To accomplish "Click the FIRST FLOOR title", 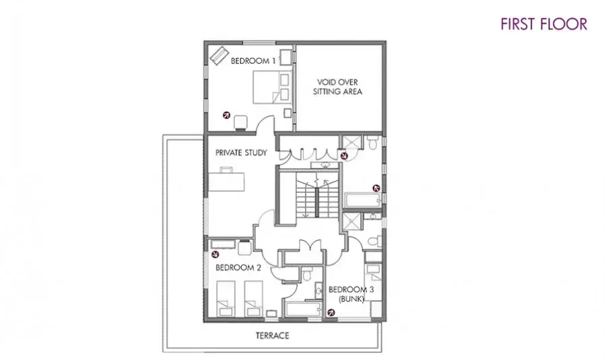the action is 544,24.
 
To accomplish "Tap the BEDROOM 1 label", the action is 253,61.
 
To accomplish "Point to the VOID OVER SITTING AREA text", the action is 337,87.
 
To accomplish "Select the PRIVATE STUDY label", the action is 241,153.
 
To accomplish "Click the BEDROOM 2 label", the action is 238,268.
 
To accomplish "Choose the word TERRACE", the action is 273,335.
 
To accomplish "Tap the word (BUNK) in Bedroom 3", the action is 351,299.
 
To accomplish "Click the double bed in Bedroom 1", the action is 272,87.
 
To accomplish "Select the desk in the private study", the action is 226,180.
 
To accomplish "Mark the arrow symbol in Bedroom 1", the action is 226,114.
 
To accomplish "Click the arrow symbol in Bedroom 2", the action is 215,254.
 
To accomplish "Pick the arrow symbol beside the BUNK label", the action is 331,312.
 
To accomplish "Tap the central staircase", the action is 317,195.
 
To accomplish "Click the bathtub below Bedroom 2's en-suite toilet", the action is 304,310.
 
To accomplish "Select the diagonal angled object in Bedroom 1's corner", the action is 219,56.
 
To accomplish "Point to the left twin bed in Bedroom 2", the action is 226,299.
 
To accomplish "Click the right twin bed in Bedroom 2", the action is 254,299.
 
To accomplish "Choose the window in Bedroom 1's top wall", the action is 259,42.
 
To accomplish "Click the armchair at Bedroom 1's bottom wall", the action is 240,122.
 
